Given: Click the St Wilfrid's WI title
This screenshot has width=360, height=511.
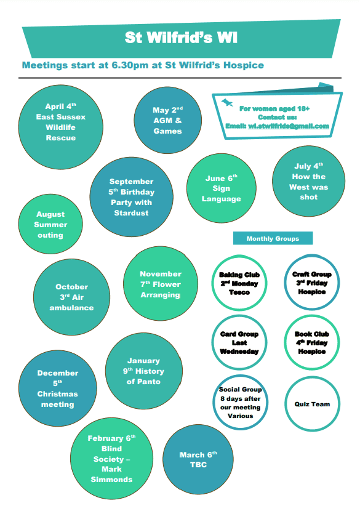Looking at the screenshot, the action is tap(181, 38).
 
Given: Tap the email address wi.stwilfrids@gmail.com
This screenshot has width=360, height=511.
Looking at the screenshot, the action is tap(289, 126).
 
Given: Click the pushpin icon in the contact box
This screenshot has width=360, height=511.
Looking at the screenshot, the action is tap(227, 103).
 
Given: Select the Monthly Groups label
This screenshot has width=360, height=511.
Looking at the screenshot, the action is tap(273, 238).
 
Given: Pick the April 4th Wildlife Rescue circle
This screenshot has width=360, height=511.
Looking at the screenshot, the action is tap(60, 127).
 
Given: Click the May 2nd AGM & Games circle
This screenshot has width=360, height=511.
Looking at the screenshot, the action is tap(168, 120).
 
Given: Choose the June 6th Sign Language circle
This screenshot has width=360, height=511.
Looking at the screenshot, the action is tap(222, 188).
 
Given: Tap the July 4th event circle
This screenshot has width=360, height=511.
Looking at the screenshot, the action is tap(308, 181).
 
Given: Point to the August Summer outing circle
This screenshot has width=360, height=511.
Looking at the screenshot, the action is tap(50, 224).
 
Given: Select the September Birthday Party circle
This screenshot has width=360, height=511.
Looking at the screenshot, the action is tap(131, 197).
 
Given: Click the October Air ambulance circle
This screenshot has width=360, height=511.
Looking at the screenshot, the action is tap(71, 297).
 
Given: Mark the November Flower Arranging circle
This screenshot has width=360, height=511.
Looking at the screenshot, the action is tap(161, 284).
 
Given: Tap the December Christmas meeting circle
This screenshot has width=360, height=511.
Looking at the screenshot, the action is tap(58, 388).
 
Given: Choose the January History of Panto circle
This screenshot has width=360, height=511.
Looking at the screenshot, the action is tap(143, 371).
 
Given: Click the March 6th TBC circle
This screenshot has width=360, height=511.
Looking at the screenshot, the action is tap(198, 459).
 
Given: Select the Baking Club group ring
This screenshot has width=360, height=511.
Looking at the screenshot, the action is tap(213, 283).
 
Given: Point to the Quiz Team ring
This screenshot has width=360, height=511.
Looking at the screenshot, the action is tap(286, 404).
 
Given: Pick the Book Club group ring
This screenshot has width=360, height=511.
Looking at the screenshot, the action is tap(286, 342).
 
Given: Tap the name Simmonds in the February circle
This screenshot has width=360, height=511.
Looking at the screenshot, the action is tap(111, 480).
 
